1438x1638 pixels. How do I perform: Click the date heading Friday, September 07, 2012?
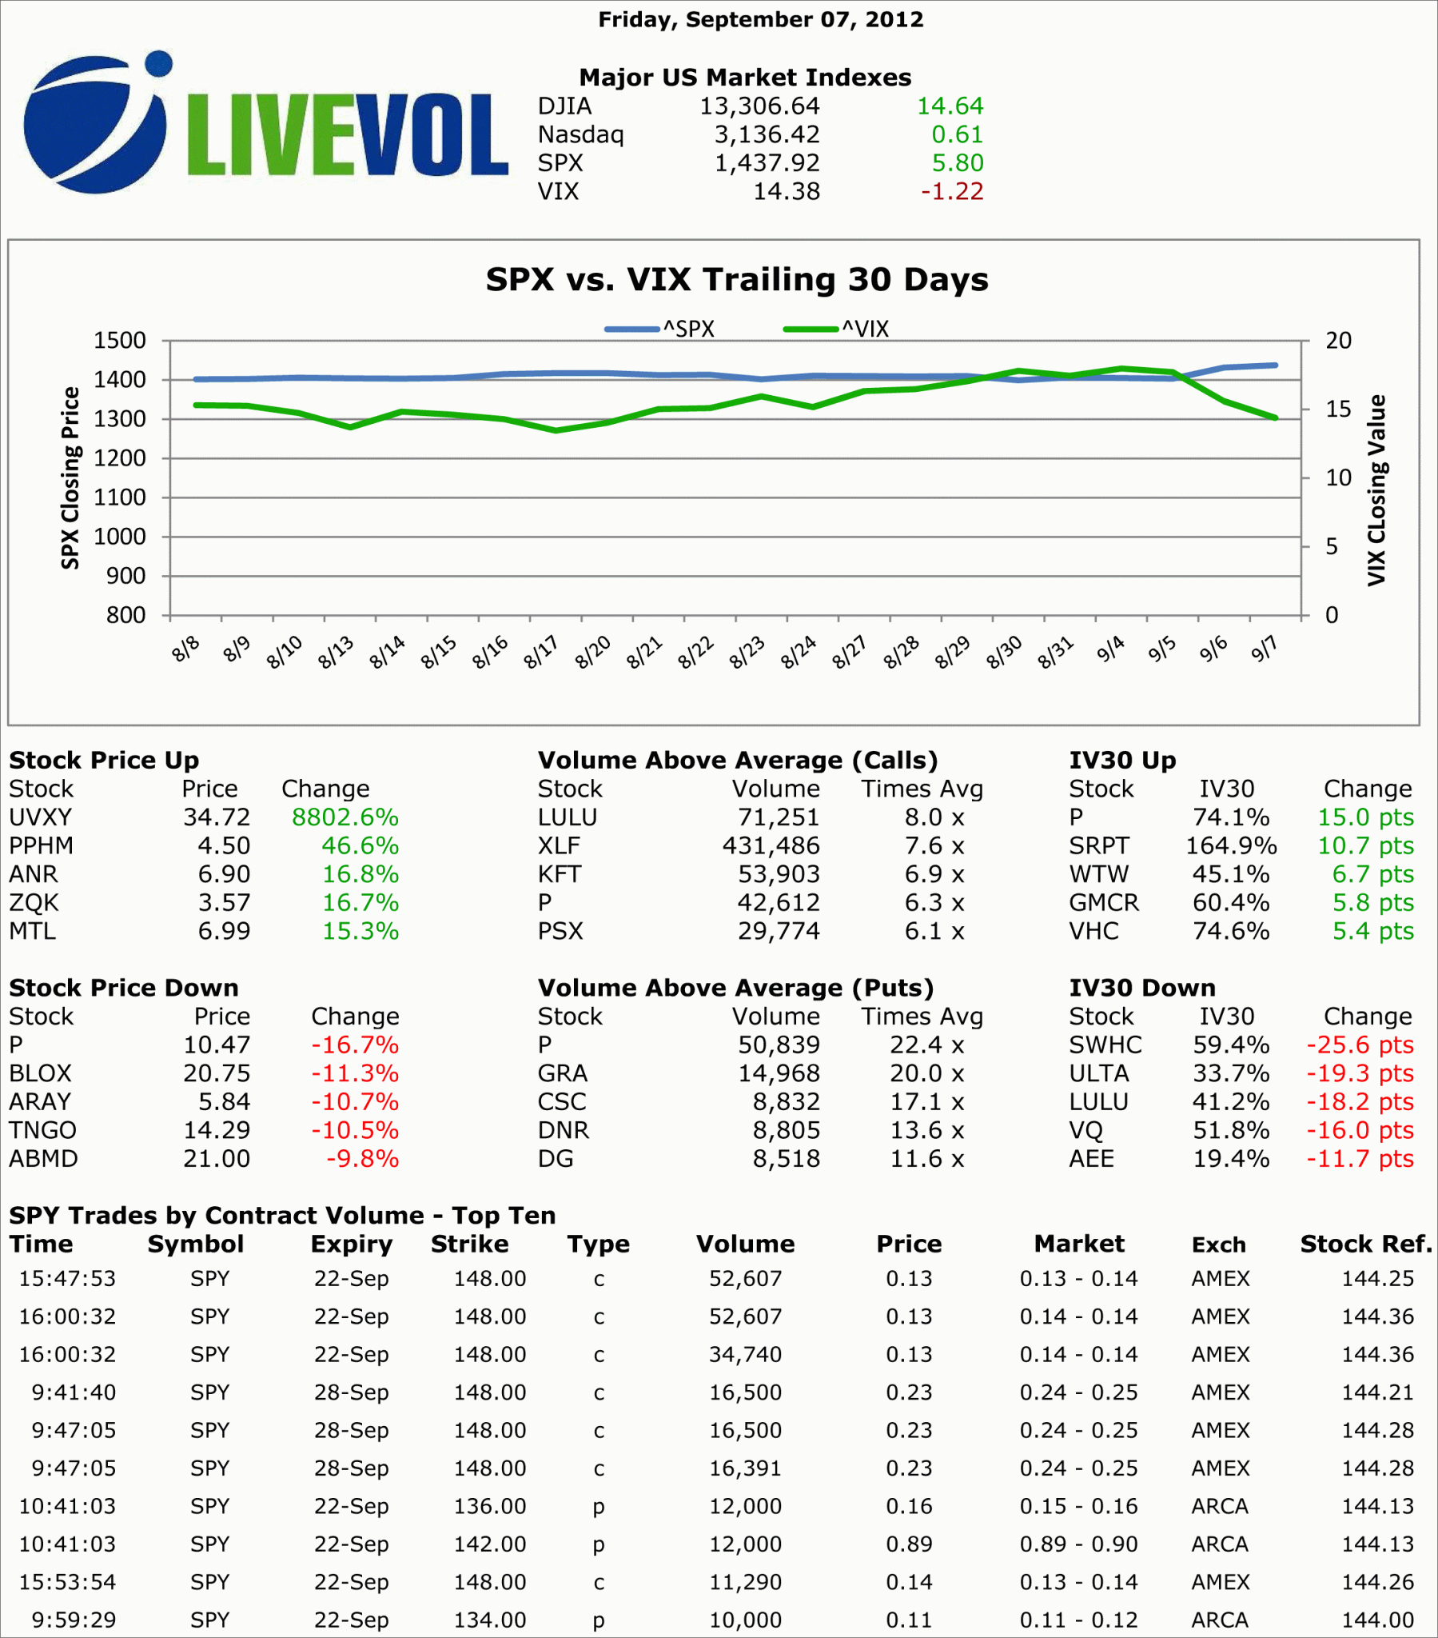(x=760, y=19)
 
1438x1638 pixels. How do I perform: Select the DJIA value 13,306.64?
(x=759, y=106)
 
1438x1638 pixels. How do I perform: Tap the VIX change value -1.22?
(x=952, y=191)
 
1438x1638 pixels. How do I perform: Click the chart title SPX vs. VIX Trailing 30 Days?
(x=736, y=280)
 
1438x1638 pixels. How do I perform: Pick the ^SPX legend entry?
(x=660, y=329)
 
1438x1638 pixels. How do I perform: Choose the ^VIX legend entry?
(x=837, y=329)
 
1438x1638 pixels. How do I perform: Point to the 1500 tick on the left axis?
(x=120, y=341)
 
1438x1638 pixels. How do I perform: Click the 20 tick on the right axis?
(x=1338, y=341)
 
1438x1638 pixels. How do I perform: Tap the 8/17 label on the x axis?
(x=542, y=652)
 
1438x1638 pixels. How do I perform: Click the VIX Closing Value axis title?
(x=1376, y=490)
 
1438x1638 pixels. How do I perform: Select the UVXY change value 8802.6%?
(x=345, y=817)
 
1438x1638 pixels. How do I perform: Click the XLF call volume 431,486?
(x=771, y=845)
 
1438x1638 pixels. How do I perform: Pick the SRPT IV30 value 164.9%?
(x=1230, y=845)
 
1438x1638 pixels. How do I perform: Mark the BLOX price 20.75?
(x=217, y=1073)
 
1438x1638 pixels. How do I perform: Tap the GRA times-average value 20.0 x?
(x=927, y=1073)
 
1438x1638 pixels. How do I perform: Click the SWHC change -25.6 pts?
(x=1360, y=1045)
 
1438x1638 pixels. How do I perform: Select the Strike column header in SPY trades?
(x=469, y=1244)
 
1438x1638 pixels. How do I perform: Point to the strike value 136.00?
(x=489, y=1507)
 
